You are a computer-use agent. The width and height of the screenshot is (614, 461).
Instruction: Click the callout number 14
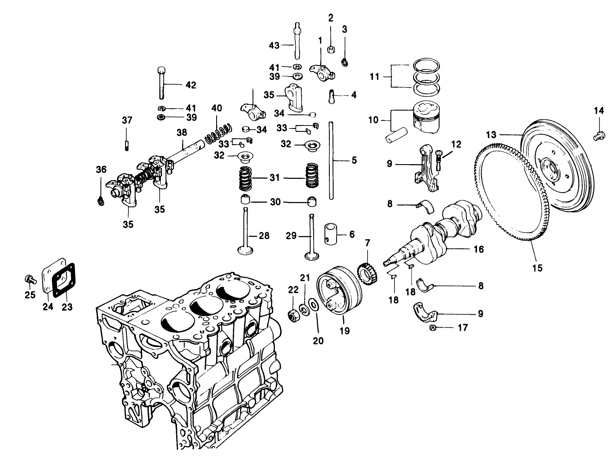pyautogui.click(x=599, y=111)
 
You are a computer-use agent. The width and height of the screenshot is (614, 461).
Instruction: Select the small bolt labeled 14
pyautogui.click(x=597, y=136)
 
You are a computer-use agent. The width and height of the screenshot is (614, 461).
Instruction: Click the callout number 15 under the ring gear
pyautogui.click(x=537, y=268)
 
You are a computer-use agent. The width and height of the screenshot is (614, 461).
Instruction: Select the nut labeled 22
pyautogui.click(x=294, y=316)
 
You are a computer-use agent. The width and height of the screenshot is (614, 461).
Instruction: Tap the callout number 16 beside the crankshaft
pyautogui.click(x=479, y=249)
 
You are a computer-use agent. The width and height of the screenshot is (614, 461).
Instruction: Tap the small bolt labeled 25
pyautogui.click(x=29, y=279)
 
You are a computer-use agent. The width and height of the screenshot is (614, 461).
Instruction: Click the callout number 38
pyautogui.click(x=182, y=132)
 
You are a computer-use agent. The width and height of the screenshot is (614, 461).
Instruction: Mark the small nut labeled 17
pyautogui.click(x=433, y=327)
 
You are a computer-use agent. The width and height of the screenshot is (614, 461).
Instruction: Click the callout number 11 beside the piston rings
pyautogui.click(x=374, y=77)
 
